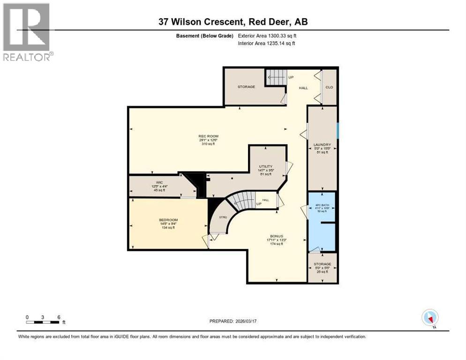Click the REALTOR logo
pyautogui.click(x=27, y=32)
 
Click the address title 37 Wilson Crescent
pyautogui.click(x=233, y=22)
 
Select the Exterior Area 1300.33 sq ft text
pyautogui.click(x=267, y=36)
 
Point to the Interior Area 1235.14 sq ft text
pyautogui.click(x=267, y=43)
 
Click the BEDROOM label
pyautogui.click(x=168, y=220)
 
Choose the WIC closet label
pyautogui.click(x=159, y=183)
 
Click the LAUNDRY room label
pyautogui.click(x=323, y=145)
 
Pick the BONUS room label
pyautogui.click(x=276, y=236)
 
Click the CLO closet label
pyautogui.click(x=329, y=87)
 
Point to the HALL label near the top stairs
pyautogui.click(x=304, y=88)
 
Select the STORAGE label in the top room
pyautogui.click(x=246, y=87)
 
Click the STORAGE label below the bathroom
pyautogui.click(x=323, y=264)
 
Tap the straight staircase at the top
pyautogui.click(x=276, y=77)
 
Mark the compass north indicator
pyautogui.click(x=430, y=318)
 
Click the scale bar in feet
pyautogui.click(x=43, y=322)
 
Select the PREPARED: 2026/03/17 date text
pyautogui.click(x=233, y=321)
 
